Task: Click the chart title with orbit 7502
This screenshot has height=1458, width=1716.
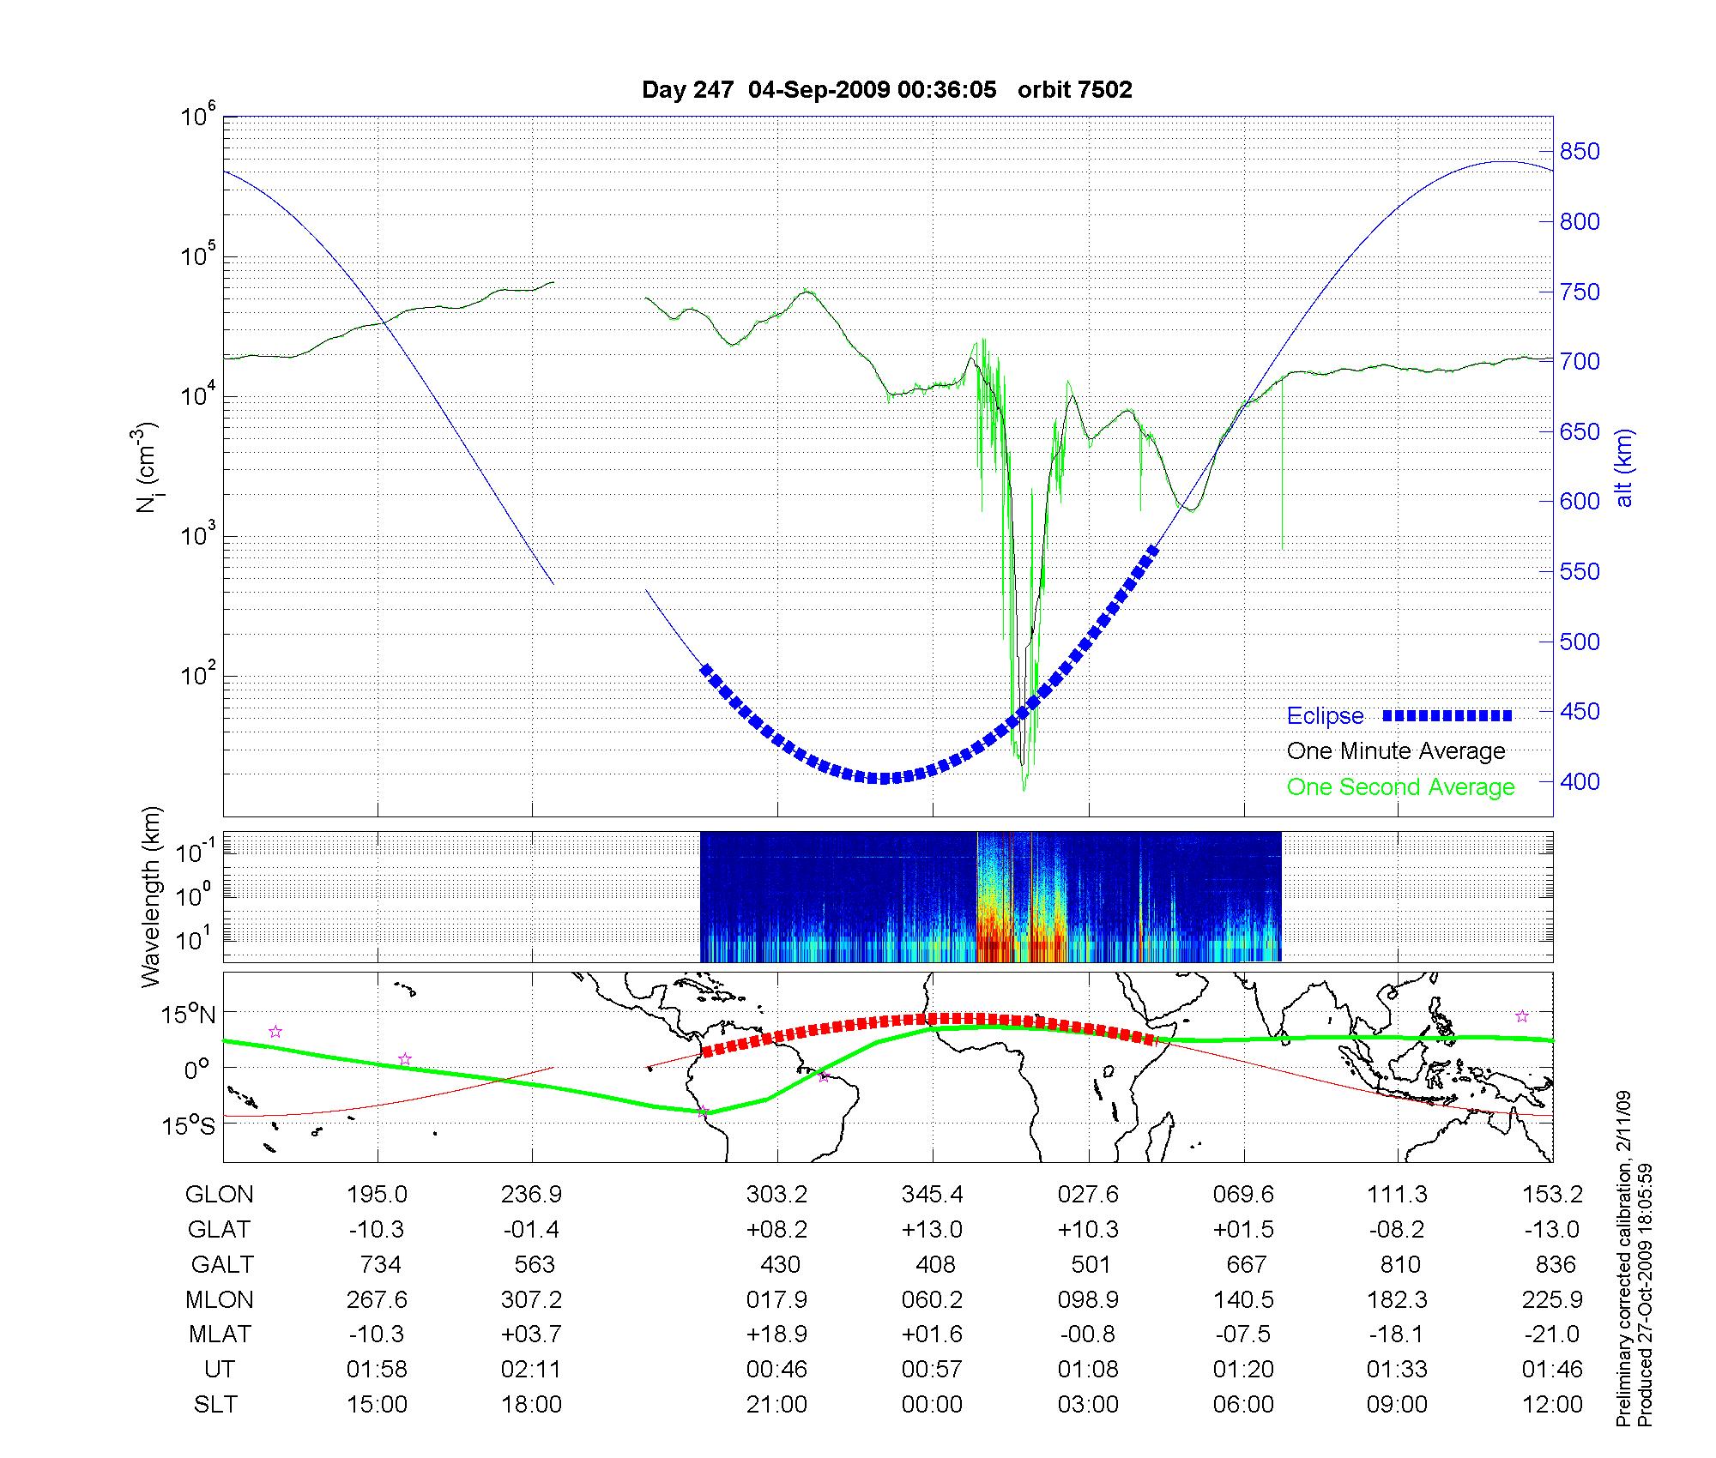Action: pos(886,89)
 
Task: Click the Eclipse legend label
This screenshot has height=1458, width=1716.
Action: pos(1325,716)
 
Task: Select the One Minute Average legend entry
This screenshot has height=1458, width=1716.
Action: pos(1396,751)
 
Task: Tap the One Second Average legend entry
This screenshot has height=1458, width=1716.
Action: pos(1400,787)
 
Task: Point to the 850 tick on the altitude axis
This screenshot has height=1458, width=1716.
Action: pos(1580,152)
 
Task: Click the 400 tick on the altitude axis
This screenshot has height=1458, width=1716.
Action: pos(1580,781)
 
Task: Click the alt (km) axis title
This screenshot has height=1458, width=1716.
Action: pos(1623,467)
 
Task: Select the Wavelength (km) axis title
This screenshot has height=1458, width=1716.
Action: pos(152,897)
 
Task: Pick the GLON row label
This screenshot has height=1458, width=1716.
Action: pos(220,1195)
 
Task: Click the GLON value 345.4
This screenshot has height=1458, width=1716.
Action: pos(932,1195)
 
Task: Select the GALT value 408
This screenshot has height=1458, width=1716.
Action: pos(935,1265)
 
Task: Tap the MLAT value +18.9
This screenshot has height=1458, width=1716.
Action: pos(776,1334)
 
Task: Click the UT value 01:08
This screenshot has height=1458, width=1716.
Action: pos(1088,1370)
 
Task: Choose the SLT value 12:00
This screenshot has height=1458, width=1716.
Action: pos(1553,1405)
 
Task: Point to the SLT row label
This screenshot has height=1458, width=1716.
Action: pos(215,1405)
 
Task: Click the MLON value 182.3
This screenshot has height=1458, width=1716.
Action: pos(1397,1300)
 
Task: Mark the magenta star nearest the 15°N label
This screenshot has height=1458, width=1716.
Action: pos(275,1032)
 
